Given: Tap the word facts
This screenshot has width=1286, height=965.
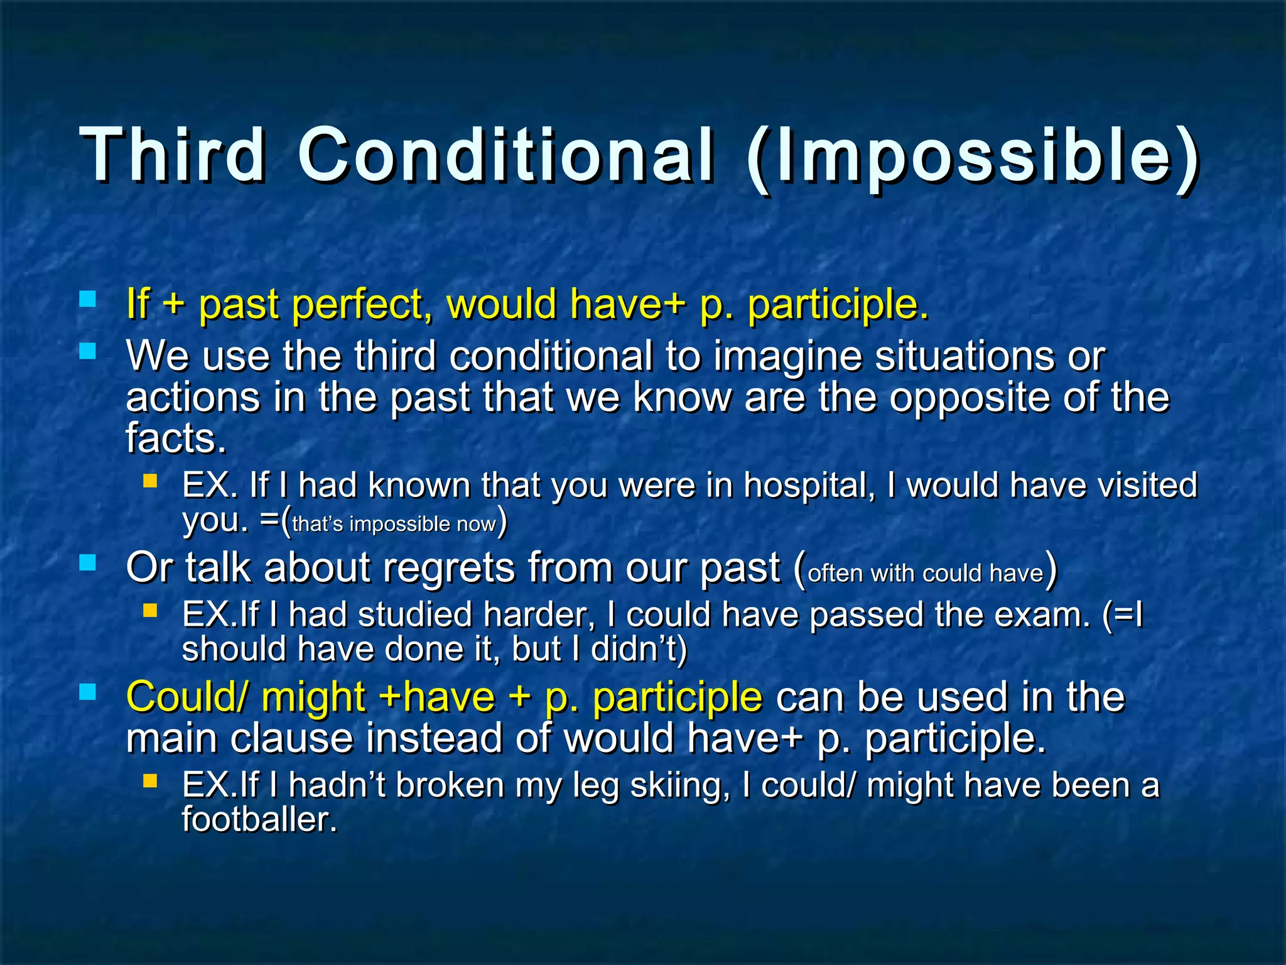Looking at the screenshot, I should [x=175, y=438].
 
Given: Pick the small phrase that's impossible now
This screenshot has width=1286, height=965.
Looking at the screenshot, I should [x=394, y=524].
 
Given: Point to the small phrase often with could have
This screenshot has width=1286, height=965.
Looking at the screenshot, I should [x=925, y=574].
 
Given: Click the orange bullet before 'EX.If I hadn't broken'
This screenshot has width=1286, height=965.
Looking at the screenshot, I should [x=149, y=781].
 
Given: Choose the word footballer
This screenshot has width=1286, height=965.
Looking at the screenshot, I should [x=259, y=820].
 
